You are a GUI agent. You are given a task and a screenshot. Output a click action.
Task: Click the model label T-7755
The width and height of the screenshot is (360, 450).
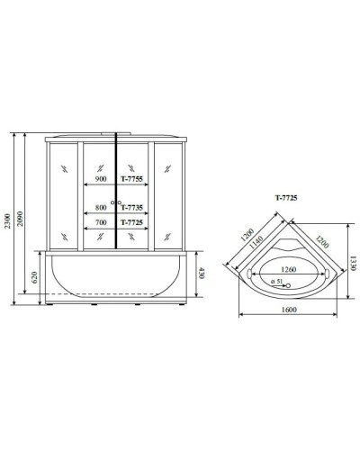pyautogui.click(x=132, y=177)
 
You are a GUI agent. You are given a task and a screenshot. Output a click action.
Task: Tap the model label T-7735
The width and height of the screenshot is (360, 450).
pyautogui.click(x=132, y=206)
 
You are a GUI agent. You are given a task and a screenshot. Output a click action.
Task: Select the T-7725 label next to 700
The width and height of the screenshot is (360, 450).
pyautogui.click(x=132, y=220)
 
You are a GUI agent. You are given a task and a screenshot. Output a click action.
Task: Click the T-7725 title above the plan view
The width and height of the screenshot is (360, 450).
pyautogui.click(x=286, y=195)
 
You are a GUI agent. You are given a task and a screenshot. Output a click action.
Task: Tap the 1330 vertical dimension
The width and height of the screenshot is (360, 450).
pyautogui.click(x=353, y=259)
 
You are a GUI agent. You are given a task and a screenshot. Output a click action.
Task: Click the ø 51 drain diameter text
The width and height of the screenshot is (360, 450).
pyautogui.click(x=278, y=282)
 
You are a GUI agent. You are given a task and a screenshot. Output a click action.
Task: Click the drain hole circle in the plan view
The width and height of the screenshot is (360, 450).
pyautogui.click(x=290, y=284)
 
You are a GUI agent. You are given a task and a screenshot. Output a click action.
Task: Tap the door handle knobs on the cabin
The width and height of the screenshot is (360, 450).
pyautogui.click(x=115, y=201)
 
